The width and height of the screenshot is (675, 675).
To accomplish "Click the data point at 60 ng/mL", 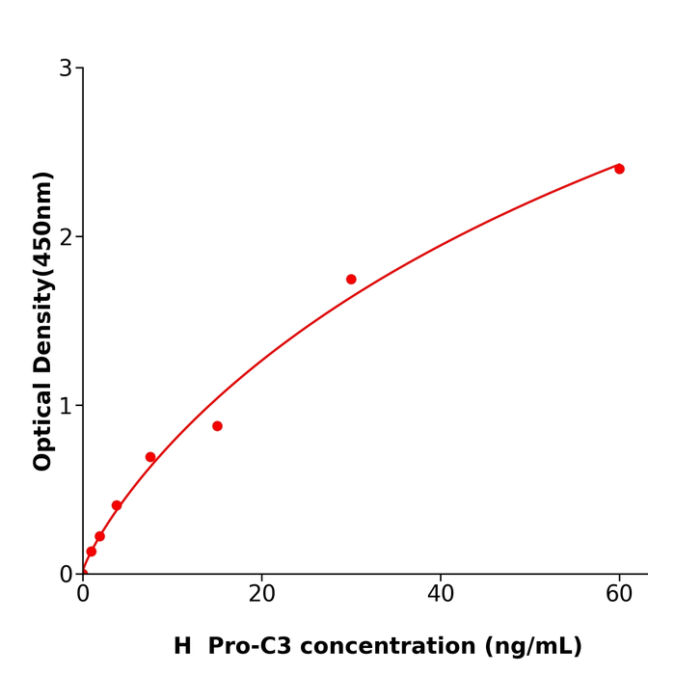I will [619, 169].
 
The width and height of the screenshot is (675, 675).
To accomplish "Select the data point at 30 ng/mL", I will [351, 280].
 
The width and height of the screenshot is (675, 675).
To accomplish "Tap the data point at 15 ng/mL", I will [217, 426].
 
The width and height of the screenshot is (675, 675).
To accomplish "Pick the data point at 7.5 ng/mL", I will [150, 457].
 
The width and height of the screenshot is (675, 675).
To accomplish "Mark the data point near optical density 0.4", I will [117, 505].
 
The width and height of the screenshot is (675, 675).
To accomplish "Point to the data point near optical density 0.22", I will [99, 536].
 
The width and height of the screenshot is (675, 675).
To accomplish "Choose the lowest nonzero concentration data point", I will [92, 552].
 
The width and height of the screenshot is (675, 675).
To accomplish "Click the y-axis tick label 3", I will [66, 68].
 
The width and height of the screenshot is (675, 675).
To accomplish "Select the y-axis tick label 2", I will [66, 237].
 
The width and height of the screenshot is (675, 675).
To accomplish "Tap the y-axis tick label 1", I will [66, 406].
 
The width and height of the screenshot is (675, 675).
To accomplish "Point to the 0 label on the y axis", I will [66, 575].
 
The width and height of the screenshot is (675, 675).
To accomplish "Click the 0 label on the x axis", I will [83, 595].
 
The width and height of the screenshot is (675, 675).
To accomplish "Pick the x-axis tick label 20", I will [261, 595].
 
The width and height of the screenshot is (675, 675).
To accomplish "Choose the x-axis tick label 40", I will [441, 595].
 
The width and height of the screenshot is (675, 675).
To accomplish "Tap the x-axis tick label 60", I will [619, 595].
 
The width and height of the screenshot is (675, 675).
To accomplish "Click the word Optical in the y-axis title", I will [42, 424].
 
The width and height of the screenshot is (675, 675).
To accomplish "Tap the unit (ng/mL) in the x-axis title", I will [533, 647].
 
